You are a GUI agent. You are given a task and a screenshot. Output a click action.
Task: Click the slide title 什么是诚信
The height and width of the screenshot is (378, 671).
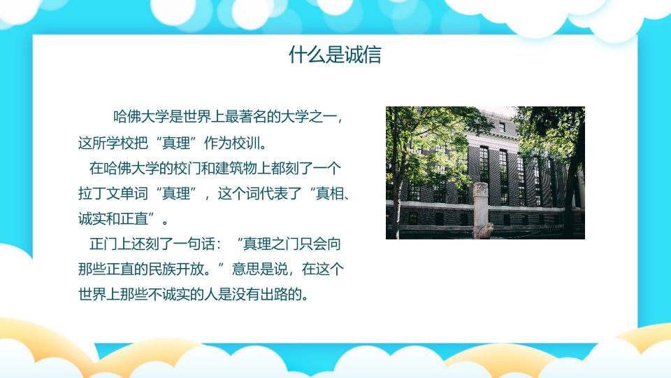click(x=335, y=55)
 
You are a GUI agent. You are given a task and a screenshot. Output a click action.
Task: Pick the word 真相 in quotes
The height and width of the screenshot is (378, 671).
click(x=329, y=193)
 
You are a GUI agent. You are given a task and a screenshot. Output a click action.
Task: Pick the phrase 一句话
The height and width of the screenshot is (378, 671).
click(x=194, y=244)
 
